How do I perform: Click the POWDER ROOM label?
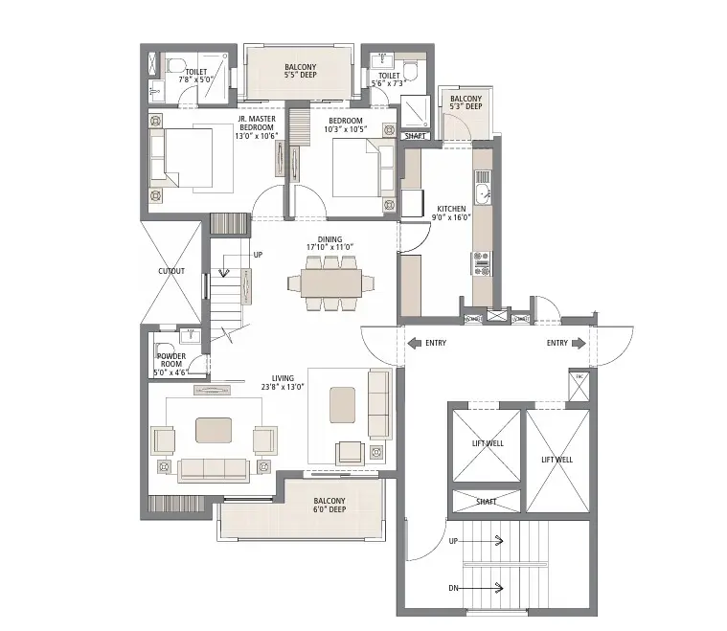tap(170, 360)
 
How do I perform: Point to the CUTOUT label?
tap(171, 271)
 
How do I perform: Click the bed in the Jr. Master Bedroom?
tap(195, 157)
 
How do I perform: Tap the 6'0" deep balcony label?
tap(329, 506)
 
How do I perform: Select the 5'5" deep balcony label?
tap(300, 70)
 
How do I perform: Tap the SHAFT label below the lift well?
tap(486, 501)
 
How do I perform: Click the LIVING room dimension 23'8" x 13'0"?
tap(282, 387)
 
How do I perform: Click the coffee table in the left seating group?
tap(213, 430)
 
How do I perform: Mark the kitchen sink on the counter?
tap(483, 194)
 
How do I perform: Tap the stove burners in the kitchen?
tap(480, 258)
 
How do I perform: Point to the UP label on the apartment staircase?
tap(258, 256)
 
